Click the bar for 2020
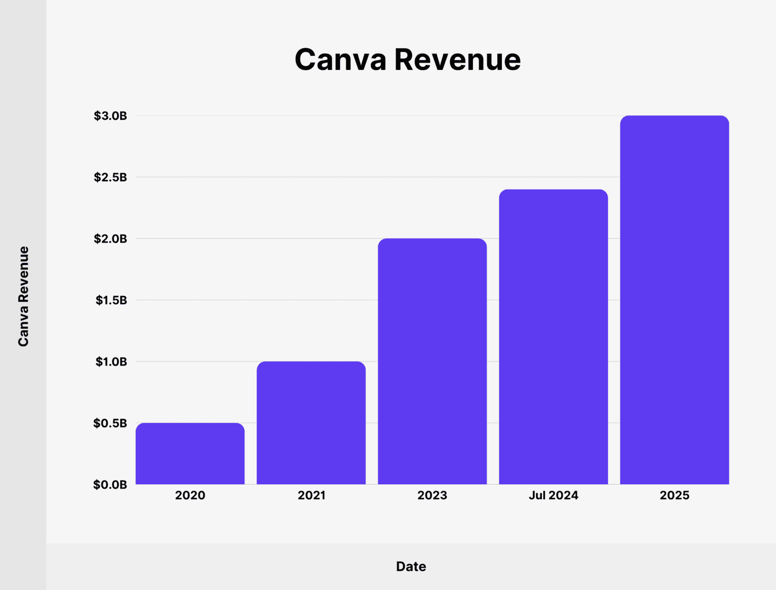(x=190, y=454)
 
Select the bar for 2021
(x=311, y=423)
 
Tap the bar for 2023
(x=432, y=361)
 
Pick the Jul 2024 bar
(x=553, y=337)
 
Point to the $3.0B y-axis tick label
(x=111, y=116)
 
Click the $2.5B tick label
(x=111, y=177)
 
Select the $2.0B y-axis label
(x=111, y=239)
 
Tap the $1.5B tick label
(x=111, y=300)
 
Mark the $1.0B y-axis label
(x=111, y=361)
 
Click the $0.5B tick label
(x=111, y=423)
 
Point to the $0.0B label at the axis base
(x=110, y=485)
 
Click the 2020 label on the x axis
(x=190, y=495)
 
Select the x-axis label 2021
(x=311, y=495)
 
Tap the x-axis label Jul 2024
(x=553, y=495)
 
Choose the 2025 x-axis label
(x=674, y=495)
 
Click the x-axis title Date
(x=411, y=566)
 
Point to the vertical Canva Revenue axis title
(x=23, y=296)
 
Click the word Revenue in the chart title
(x=457, y=60)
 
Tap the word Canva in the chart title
(x=340, y=60)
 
